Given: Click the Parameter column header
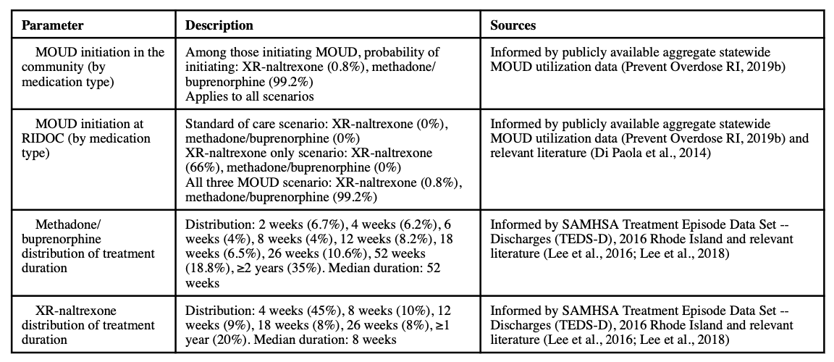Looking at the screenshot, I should (x=52, y=25).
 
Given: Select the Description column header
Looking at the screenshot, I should (x=219, y=25).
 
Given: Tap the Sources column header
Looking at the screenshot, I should (x=513, y=25).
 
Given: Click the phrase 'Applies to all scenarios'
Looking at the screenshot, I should (x=249, y=96).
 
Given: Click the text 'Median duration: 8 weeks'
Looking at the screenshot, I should (x=333, y=339).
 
